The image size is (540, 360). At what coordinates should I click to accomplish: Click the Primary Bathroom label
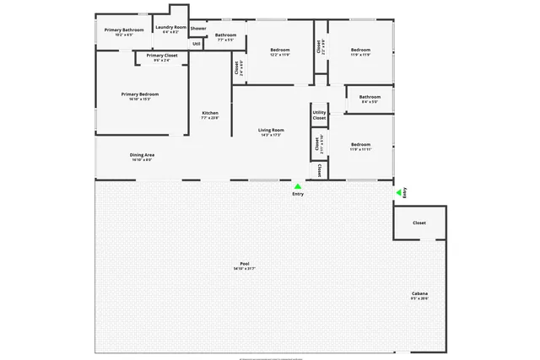click(x=118, y=30)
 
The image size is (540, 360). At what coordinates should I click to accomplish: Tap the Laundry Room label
click(x=170, y=27)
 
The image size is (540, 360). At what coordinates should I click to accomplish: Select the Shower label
click(x=198, y=28)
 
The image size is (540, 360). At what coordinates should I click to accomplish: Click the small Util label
click(x=197, y=43)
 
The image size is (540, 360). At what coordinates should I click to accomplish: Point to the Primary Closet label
click(x=161, y=56)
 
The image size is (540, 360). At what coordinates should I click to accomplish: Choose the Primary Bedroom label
click(x=140, y=94)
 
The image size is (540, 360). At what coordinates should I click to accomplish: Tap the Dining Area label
click(x=142, y=154)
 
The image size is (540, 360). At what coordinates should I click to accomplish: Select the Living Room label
click(x=271, y=130)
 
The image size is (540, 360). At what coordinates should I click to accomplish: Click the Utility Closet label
click(x=319, y=115)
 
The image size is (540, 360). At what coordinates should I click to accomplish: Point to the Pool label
click(x=245, y=264)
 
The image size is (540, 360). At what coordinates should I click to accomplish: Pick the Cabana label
click(x=419, y=293)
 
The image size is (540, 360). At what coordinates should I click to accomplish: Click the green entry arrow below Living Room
click(x=297, y=186)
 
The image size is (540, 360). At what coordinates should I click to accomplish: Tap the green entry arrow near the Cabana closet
click(x=398, y=193)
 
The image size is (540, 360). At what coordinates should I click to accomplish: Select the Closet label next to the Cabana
click(x=419, y=223)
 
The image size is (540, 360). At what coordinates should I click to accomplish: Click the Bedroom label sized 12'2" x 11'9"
click(x=280, y=51)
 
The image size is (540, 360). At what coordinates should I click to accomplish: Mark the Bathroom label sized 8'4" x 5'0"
click(x=370, y=97)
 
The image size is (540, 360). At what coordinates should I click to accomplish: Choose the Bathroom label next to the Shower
click(x=226, y=35)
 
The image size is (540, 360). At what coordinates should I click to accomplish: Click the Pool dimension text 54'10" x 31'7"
click(x=245, y=269)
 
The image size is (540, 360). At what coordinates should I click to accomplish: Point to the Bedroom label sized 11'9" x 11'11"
click(x=361, y=144)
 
